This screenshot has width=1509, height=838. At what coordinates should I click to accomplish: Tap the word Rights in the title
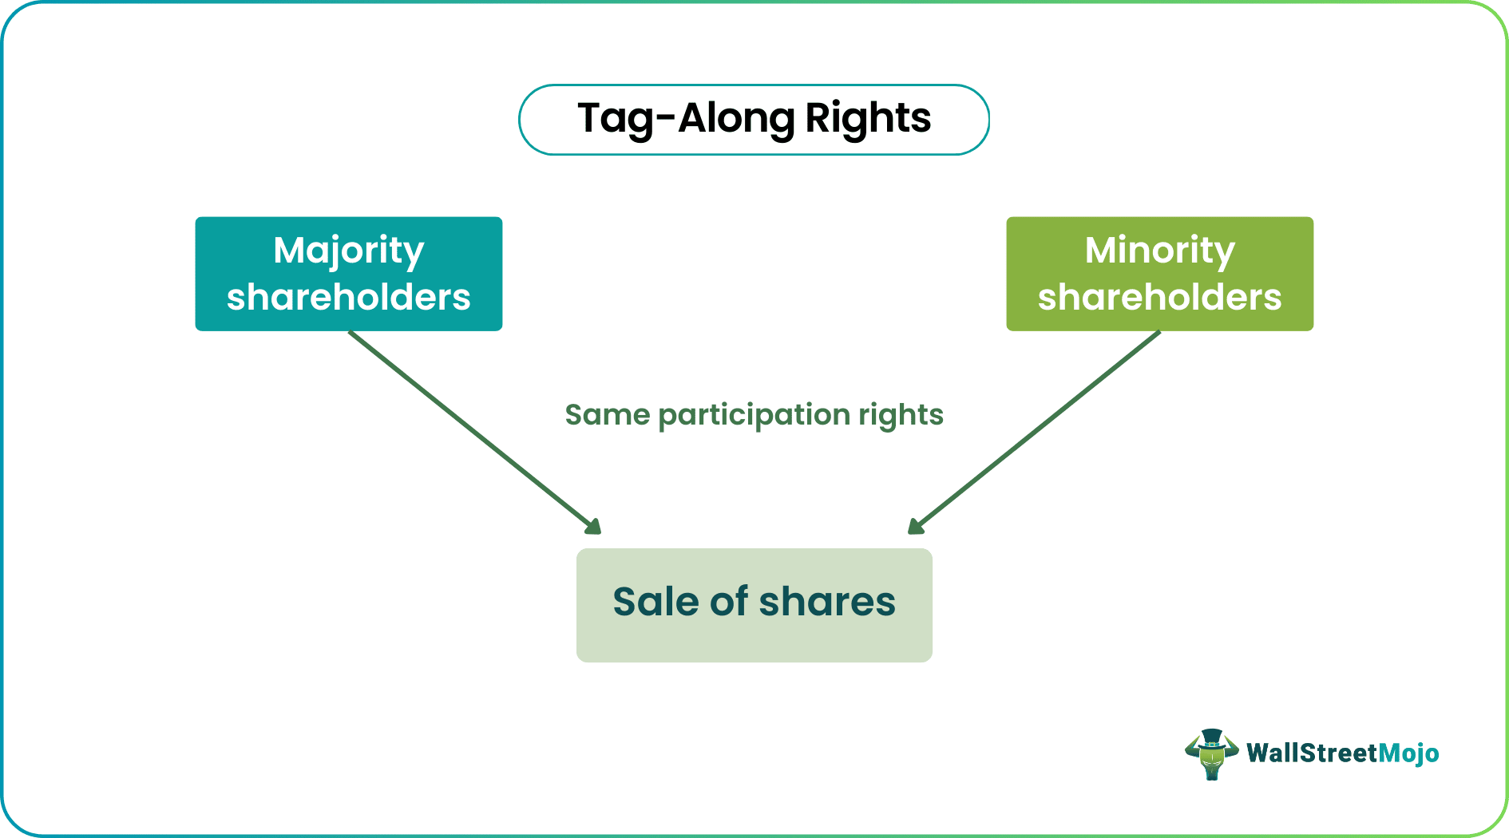coord(867,119)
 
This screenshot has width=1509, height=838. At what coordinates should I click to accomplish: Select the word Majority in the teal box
coord(349,251)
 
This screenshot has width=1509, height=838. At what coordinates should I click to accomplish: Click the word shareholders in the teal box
coord(349,298)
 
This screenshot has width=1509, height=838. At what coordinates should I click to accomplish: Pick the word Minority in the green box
coord(1159,251)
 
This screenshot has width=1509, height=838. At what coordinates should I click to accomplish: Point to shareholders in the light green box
coord(1159,298)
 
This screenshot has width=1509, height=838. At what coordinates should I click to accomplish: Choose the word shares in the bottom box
coord(827,602)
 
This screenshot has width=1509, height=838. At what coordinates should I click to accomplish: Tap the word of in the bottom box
coord(729,602)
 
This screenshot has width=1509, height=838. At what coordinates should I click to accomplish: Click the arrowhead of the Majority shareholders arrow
coord(592,526)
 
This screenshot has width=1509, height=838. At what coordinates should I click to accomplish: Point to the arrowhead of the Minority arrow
coord(916,526)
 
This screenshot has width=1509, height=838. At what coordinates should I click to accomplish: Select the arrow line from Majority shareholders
coord(471,429)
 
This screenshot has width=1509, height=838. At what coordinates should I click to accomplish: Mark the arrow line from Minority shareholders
coord(1038,429)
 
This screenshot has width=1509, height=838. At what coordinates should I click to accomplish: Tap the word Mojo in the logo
coord(1408,753)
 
